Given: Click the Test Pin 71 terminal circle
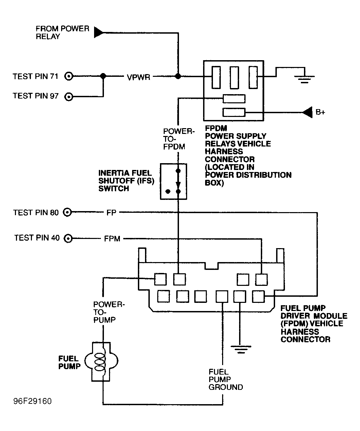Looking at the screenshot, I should point(69,76).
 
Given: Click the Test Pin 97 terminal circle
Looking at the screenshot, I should point(69,97).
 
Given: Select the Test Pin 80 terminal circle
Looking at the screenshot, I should point(68,212).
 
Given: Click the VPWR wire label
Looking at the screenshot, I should point(138,77).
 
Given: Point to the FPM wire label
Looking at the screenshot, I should point(112,239).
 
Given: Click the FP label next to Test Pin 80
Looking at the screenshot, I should point(111,213).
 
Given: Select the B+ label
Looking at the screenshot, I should point(320,113).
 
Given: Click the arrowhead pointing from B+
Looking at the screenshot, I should point(308,112).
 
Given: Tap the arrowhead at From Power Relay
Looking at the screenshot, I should point(99,32).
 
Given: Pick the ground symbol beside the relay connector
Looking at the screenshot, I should point(304,80).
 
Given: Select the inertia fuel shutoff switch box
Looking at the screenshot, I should point(173,181).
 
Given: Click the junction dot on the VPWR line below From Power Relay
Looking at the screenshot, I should point(178,76).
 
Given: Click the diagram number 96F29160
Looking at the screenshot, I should point(33,401).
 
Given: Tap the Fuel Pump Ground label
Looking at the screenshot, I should point(226,379).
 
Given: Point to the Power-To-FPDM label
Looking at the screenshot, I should point(178,139).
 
